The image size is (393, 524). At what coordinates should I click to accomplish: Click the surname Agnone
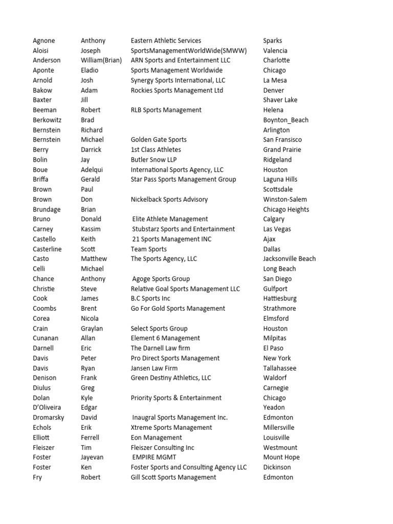[x=44, y=40]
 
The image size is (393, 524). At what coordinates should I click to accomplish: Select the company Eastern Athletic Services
[x=166, y=40]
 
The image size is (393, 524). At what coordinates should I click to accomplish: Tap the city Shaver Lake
[x=280, y=100]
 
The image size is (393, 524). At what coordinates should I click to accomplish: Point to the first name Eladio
[x=90, y=70]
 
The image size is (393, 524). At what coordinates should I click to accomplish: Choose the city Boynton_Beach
[x=286, y=120]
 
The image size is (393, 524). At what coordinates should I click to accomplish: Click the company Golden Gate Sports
[x=159, y=140]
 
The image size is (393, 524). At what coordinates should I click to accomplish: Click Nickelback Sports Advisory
[x=169, y=199]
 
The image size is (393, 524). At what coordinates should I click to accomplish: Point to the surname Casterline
[x=48, y=249]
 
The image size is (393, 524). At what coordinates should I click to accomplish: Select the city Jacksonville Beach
[x=289, y=259]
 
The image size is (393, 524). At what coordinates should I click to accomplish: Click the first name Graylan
[x=92, y=329]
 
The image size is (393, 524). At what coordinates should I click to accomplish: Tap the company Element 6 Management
[x=165, y=338]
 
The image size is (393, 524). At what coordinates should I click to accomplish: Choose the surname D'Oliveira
[x=47, y=407]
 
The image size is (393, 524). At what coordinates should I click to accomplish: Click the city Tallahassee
[x=279, y=368]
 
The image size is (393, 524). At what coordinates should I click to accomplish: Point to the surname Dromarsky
[x=47, y=418]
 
